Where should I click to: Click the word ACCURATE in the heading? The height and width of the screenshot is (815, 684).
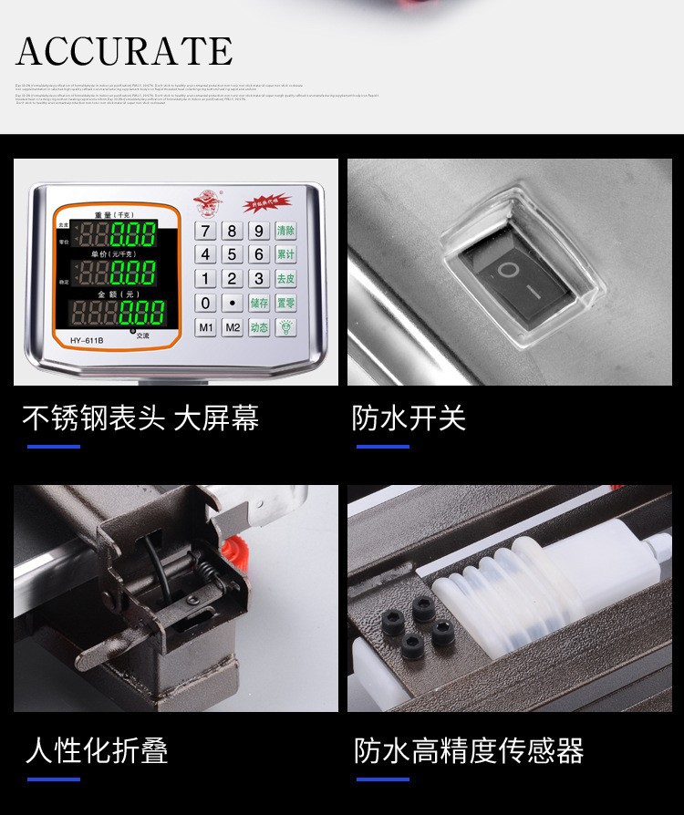pyautogui.click(x=124, y=51)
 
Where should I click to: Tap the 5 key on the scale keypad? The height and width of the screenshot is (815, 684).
pyautogui.click(x=233, y=254)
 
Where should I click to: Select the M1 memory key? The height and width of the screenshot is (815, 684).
pyautogui.click(x=206, y=327)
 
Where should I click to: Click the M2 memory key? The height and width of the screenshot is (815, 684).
pyautogui.click(x=233, y=327)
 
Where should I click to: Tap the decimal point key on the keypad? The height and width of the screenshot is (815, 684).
pyautogui.click(x=233, y=303)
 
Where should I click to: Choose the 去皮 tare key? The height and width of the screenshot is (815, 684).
pyautogui.click(x=285, y=279)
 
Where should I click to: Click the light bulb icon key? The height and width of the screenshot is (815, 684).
pyautogui.click(x=285, y=327)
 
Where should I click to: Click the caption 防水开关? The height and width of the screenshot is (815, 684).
pyautogui.click(x=409, y=418)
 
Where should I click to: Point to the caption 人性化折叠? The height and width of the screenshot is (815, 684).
pyautogui.click(x=97, y=751)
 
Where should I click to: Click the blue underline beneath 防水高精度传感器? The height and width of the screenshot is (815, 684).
pyautogui.click(x=382, y=779)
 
